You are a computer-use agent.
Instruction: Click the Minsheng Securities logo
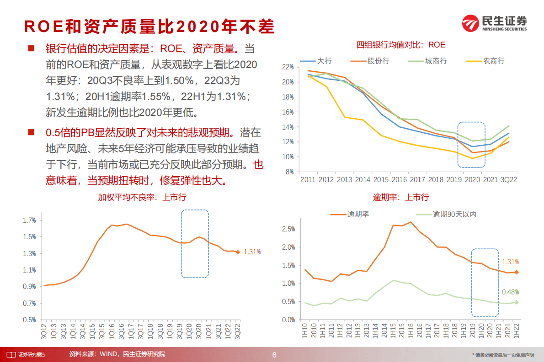coord(494,23)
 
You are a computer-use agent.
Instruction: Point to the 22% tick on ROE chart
coord(288,67)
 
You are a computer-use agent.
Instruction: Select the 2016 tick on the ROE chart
coord(399,180)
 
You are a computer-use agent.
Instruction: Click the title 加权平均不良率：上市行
coord(142,197)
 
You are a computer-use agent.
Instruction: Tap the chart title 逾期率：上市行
coord(401,197)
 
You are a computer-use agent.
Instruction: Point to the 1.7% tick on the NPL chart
coord(29,220)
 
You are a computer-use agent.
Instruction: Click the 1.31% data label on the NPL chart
coord(252,252)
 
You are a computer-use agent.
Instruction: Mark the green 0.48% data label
coord(511,292)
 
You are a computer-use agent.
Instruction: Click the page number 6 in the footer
coord(274,355)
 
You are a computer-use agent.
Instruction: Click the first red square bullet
coord(31,48)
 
